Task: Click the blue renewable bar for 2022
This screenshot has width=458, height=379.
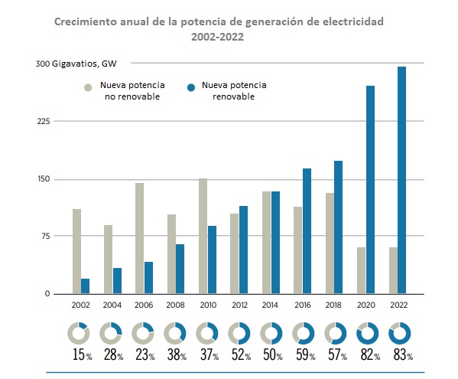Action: click(401, 180)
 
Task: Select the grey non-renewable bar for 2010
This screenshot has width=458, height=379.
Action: click(203, 236)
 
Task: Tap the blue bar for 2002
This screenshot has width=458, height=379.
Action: click(86, 286)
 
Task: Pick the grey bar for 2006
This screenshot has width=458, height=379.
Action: click(140, 238)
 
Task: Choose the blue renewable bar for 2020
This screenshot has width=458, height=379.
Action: click(370, 190)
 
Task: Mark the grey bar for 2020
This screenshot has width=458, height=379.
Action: click(362, 270)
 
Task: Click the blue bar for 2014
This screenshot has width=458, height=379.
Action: click(276, 243)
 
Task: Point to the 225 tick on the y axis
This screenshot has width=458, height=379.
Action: click(44, 121)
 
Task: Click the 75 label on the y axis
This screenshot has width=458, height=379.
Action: click(46, 236)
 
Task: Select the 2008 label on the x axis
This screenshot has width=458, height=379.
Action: click(175, 305)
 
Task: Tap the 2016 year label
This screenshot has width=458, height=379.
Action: click(303, 305)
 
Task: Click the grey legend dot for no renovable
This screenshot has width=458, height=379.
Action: click(88, 87)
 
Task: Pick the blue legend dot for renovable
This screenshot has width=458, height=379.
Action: click(191, 87)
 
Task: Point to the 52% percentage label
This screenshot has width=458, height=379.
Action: click(241, 354)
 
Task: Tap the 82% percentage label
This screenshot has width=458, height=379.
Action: click(370, 354)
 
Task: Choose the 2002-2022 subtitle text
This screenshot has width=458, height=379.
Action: click(218, 38)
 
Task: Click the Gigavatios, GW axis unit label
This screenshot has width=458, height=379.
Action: click(84, 64)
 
